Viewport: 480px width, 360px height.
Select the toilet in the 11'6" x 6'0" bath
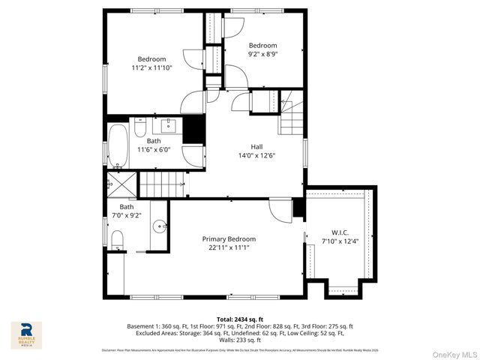click(139, 130)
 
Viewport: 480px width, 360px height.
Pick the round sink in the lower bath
click(159, 225)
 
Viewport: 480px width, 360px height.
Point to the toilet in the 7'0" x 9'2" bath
click(117, 239)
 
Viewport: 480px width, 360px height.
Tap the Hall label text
click(256, 147)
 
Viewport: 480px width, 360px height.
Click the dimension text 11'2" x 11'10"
click(151, 67)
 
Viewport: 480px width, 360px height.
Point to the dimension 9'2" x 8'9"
click(262, 54)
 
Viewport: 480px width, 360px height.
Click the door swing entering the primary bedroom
click(279, 210)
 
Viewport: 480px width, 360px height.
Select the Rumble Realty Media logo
click(26, 335)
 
